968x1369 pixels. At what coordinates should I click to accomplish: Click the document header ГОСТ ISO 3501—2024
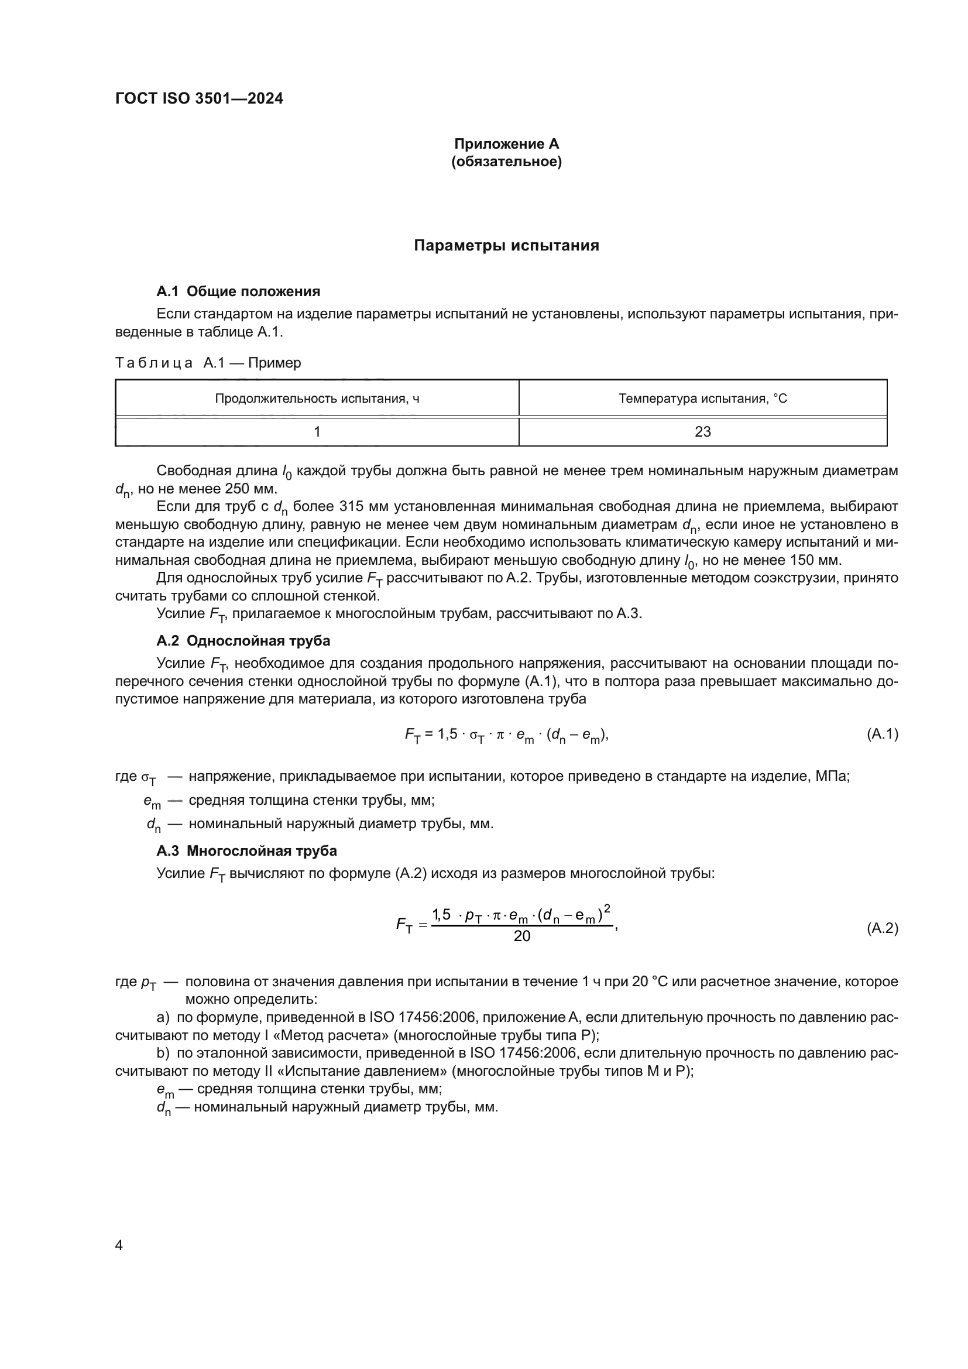[x=199, y=99]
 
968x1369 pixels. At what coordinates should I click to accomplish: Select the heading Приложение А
[x=507, y=144]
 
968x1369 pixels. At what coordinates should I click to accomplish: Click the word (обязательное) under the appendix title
[x=507, y=162]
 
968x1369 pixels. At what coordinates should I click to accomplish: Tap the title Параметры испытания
[x=507, y=246]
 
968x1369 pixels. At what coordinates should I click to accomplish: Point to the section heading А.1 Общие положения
[x=238, y=291]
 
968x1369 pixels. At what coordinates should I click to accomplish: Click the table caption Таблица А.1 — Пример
[x=208, y=363]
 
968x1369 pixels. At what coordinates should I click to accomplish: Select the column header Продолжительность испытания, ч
[x=317, y=399]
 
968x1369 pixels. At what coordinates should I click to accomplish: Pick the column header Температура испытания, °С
[x=703, y=399]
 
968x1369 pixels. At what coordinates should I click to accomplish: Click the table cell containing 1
[x=317, y=432]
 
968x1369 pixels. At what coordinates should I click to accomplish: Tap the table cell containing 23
[x=703, y=432]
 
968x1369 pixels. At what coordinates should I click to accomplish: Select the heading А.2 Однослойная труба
[x=243, y=641]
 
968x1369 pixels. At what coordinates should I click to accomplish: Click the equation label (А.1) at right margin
[x=882, y=734]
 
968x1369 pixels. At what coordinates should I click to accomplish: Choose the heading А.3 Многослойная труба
[x=247, y=851]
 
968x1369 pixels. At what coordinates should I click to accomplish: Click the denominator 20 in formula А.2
[x=521, y=936]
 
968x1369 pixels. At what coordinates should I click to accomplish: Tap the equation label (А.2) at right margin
[x=882, y=928]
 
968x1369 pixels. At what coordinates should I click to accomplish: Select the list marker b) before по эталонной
[x=163, y=1054]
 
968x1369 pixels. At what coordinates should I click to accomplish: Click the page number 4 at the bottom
[x=119, y=1246]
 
